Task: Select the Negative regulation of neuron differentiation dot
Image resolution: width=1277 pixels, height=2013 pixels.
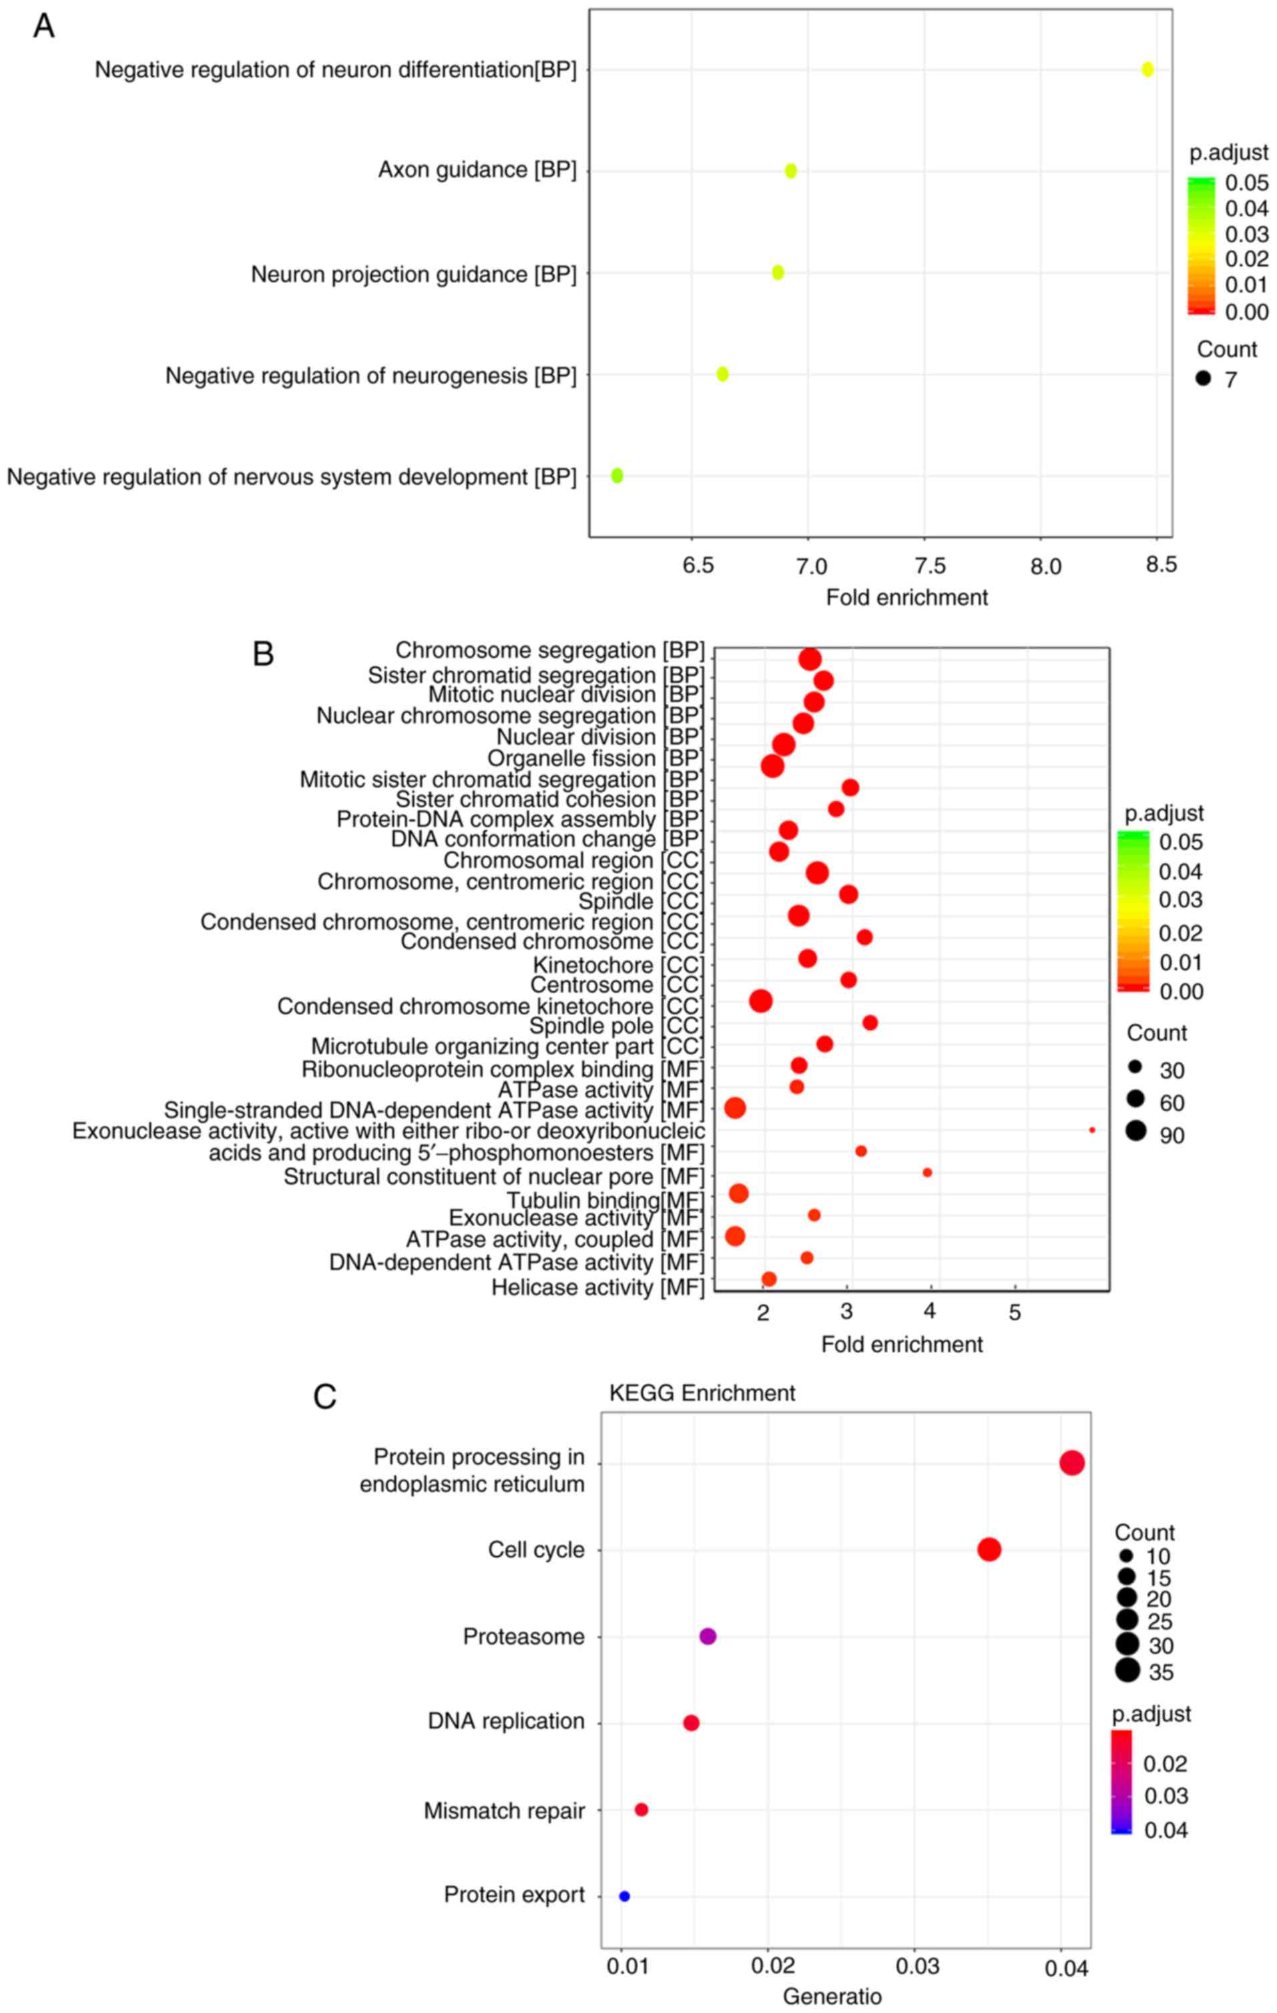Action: point(1147,69)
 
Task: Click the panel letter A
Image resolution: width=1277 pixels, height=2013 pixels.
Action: point(43,26)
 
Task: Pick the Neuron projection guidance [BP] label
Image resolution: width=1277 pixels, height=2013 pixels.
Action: point(414,274)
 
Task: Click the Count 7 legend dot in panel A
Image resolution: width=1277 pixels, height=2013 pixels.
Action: point(1204,379)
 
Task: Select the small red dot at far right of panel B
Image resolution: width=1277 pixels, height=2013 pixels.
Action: point(1092,1130)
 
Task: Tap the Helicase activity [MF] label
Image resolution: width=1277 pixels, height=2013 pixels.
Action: point(597,1288)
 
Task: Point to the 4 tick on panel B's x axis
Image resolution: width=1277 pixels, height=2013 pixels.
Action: point(930,1312)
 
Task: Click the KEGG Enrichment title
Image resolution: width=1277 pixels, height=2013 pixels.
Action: point(702,1393)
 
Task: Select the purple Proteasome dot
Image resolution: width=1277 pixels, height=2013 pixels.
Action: point(708,1636)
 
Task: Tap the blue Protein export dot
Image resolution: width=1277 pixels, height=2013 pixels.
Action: point(624,1896)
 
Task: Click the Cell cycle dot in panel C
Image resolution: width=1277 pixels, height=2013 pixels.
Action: point(989,1549)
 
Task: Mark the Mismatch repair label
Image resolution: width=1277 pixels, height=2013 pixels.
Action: point(504,1810)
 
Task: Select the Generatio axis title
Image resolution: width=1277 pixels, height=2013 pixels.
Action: point(832,1996)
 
